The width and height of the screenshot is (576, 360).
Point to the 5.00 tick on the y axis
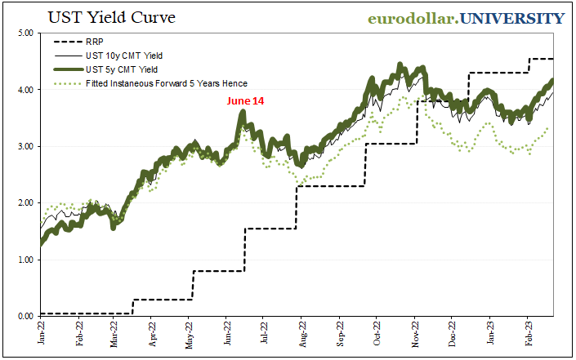(23, 33)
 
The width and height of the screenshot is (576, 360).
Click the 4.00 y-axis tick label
(23, 90)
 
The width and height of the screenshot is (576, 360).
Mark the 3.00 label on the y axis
(23, 146)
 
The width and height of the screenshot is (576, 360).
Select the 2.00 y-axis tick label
(23, 202)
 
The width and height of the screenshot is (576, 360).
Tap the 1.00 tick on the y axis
(23, 260)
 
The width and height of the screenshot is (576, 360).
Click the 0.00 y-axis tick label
(23, 316)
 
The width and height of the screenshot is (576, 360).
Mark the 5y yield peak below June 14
(243, 113)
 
